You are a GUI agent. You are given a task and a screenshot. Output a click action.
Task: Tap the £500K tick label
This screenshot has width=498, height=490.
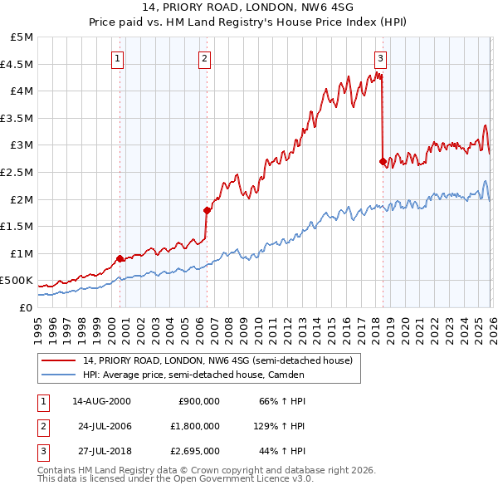(x=18, y=280)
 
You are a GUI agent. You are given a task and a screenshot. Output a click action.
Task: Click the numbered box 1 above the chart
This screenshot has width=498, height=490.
(x=118, y=58)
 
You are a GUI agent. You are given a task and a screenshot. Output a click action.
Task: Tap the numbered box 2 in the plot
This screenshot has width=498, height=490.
(x=204, y=58)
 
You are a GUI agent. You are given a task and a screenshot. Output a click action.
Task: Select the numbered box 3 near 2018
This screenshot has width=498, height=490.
(x=380, y=58)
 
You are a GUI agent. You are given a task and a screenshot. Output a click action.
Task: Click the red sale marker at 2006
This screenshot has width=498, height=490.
(x=207, y=210)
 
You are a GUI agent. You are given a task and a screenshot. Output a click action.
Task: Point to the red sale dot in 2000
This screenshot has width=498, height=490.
(x=120, y=258)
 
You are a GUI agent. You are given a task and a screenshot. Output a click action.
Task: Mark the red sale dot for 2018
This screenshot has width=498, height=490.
(x=383, y=162)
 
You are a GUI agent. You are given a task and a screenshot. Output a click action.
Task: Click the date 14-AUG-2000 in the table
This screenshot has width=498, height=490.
(x=100, y=401)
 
